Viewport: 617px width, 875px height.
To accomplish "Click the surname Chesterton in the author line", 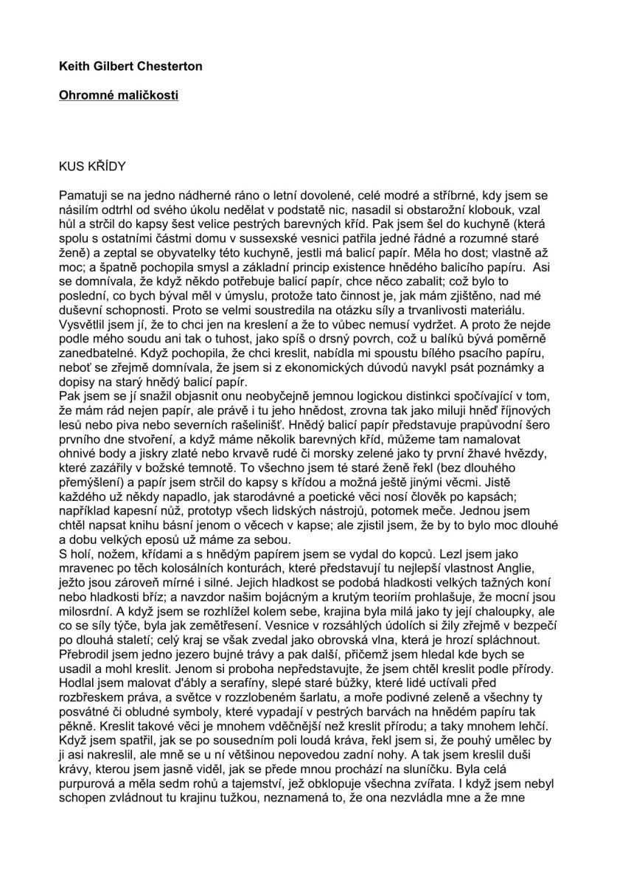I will [x=168, y=66].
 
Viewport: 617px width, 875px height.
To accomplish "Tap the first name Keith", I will [x=74, y=66].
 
